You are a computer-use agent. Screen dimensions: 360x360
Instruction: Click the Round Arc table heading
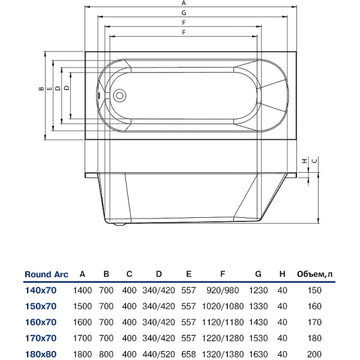click(46, 275)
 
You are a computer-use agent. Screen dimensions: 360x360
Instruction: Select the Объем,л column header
click(315, 275)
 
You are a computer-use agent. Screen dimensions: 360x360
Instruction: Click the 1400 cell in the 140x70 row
click(82, 290)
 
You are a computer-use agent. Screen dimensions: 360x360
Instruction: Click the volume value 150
click(315, 290)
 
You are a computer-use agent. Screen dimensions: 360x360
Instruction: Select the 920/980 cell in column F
click(223, 290)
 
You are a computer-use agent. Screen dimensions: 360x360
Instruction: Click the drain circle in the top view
click(119, 95)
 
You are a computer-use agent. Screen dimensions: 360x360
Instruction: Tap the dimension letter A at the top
click(183, 4)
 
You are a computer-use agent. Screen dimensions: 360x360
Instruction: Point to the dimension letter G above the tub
click(183, 13)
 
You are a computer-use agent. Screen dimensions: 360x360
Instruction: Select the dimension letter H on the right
click(305, 161)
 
